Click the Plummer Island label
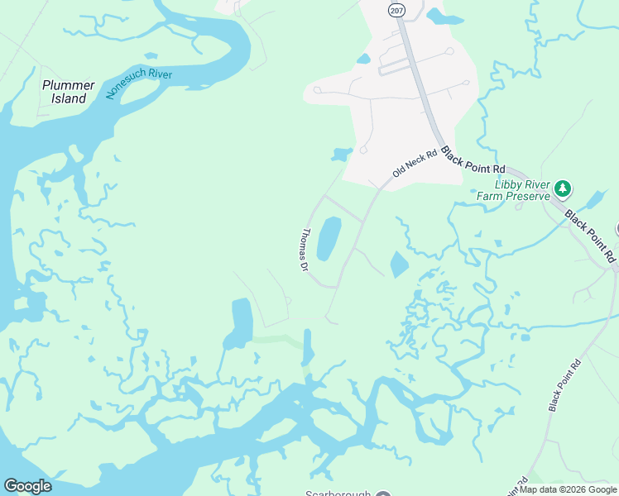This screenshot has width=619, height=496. pyautogui.click(x=68, y=92)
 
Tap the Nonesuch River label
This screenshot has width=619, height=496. pyautogui.click(x=138, y=84)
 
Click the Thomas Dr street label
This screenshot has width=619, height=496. pyautogui.click(x=304, y=250)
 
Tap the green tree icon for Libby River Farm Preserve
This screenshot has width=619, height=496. pyautogui.click(x=563, y=188)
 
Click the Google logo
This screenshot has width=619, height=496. pyautogui.click(x=27, y=486)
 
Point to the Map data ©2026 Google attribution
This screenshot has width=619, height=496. pyautogui.click(x=567, y=489)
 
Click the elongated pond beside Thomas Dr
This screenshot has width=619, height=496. pyautogui.click(x=329, y=238)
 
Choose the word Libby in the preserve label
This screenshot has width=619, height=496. pyautogui.click(x=508, y=184)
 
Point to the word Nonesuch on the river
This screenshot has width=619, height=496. pyautogui.click(x=125, y=89)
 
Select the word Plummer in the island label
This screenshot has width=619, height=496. pyautogui.click(x=68, y=85)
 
